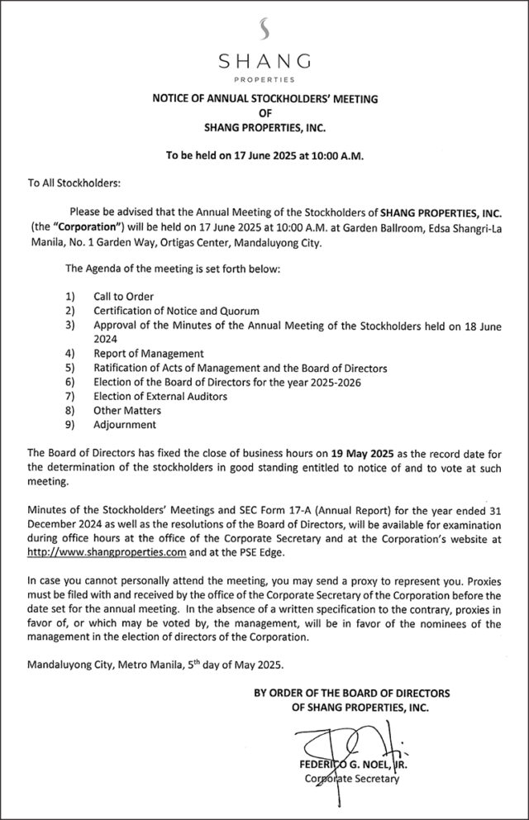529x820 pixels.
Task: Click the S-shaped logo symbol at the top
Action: tap(264, 28)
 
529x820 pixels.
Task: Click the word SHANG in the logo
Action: tap(264, 62)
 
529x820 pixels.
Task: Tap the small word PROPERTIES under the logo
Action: tap(264, 80)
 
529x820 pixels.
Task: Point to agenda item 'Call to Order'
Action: tap(124, 296)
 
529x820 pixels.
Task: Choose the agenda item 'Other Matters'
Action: tap(127, 410)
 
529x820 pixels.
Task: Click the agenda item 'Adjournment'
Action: tap(124, 424)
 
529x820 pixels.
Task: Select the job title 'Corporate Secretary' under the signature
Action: tap(352, 778)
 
